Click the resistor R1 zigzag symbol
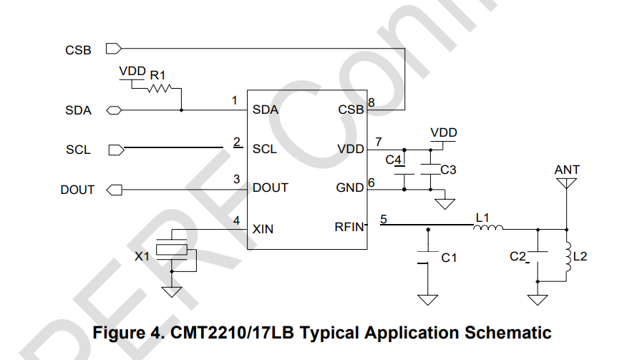(x=160, y=88)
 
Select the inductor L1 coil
(x=488, y=227)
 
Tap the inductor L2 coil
(x=568, y=256)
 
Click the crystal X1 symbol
(x=171, y=249)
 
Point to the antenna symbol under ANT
(x=566, y=183)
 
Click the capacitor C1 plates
(x=427, y=258)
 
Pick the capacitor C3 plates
(x=430, y=169)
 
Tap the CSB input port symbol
(x=114, y=49)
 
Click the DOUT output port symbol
(x=115, y=190)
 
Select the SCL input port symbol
(x=116, y=150)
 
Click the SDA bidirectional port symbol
(x=115, y=110)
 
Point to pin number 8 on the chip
(x=371, y=102)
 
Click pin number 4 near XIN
(x=236, y=220)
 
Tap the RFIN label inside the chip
(x=349, y=227)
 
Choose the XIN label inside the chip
(x=263, y=229)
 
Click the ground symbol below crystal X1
(x=172, y=292)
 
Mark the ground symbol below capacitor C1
(x=427, y=300)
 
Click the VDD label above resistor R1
(x=132, y=72)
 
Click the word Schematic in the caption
(x=508, y=333)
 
